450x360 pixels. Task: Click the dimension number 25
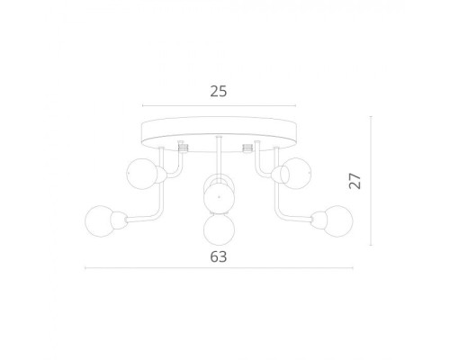point(217,91)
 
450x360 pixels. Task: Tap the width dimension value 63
point(217,256)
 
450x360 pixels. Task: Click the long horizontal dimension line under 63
point(217,267)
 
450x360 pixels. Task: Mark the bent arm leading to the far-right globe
point(282,205)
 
